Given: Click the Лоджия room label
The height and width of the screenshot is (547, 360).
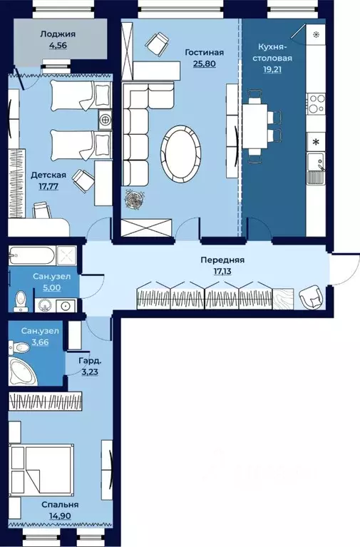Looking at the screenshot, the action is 58,34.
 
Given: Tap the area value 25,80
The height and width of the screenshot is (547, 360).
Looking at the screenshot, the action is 204,63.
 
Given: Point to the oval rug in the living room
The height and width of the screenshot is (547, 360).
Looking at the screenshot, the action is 181,153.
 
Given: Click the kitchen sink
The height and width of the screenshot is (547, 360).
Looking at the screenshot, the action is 316,169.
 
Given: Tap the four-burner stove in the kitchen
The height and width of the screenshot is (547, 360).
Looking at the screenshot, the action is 316,103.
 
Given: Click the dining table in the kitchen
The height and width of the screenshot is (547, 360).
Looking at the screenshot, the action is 255,126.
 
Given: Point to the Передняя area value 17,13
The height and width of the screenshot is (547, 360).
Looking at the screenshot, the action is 222,271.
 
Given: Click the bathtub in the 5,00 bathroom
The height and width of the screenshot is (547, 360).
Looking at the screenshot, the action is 31,256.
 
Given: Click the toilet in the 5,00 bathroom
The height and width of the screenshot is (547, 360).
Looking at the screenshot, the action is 21,301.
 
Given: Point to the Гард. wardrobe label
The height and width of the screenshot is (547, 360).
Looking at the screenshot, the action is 88,361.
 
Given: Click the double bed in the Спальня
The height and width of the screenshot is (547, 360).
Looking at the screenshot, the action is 42,469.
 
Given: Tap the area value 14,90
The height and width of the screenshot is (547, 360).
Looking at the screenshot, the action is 60,515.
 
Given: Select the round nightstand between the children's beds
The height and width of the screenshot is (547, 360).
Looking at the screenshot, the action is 105,120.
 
